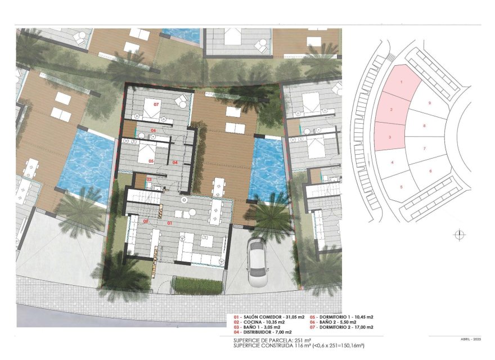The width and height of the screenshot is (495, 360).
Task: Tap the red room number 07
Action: [156, 103]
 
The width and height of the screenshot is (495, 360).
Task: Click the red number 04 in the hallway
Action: [175, 163]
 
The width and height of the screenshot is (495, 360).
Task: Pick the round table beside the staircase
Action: [184, 200]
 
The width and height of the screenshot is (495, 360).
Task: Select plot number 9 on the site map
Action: [429, 103]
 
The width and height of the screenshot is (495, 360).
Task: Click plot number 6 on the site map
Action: [430, 170]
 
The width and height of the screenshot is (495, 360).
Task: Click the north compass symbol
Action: [460, 235]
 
